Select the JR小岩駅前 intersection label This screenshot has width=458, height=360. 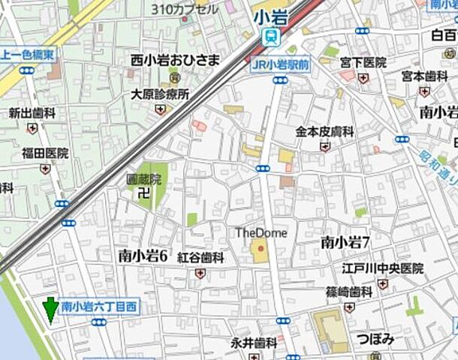281,64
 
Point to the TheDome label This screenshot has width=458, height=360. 261,232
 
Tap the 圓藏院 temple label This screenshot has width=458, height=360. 144,179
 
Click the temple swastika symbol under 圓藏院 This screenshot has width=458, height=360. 144,194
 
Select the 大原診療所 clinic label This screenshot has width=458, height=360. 159,94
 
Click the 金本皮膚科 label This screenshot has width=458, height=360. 324,131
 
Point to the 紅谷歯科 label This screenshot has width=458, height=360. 200,257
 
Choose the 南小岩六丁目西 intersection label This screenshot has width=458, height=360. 98,307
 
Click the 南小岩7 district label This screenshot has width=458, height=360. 346,241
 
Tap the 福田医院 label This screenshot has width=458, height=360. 45,153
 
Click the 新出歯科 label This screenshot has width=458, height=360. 32,113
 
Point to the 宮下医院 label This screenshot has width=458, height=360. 363,63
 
